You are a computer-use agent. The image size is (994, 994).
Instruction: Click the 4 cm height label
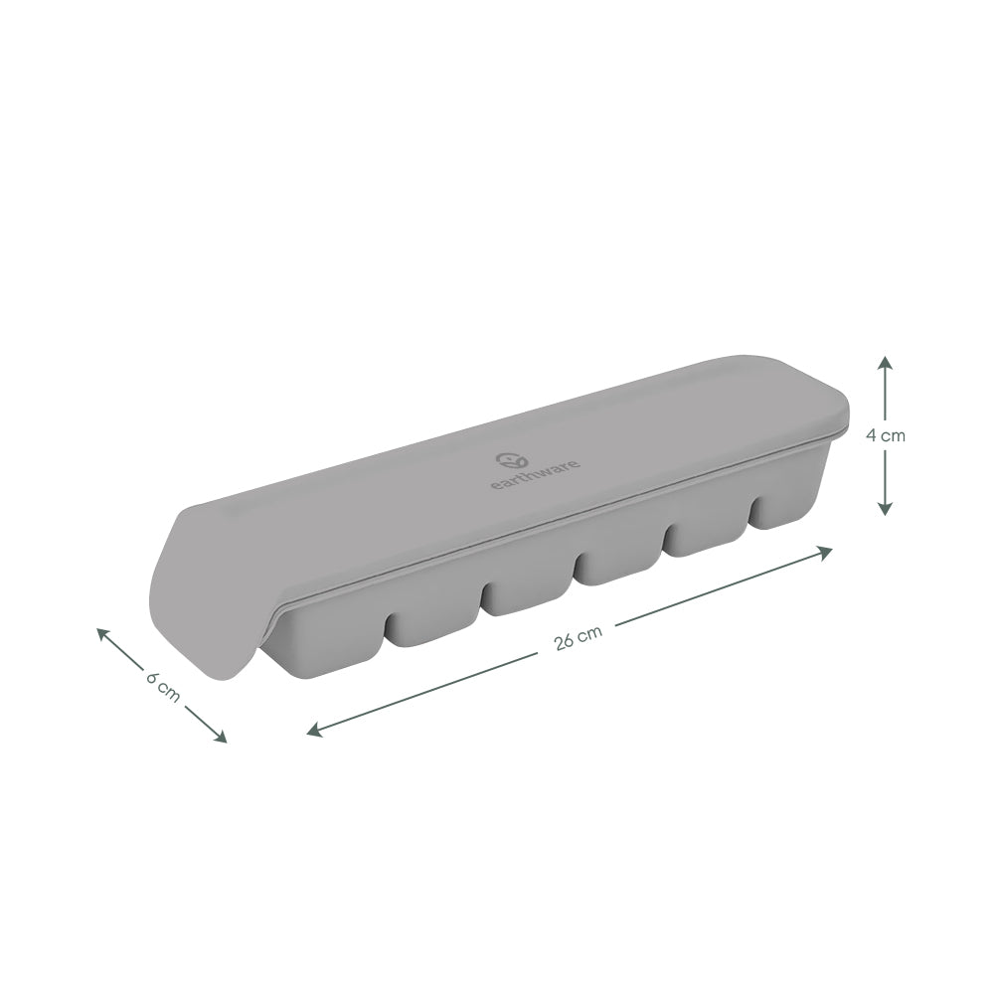click(x=885, y=434)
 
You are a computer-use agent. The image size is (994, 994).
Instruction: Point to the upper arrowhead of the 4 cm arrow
click(x=885, y=362)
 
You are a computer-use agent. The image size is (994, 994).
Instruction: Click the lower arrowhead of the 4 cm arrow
click(x=885, y=508)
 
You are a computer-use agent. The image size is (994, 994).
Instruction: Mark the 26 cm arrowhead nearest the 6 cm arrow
click(x=314, y=731)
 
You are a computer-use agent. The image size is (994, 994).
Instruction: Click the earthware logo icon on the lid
click(x=508, y=460)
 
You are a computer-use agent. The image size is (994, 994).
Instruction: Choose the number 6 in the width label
click(x=153, y=678)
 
